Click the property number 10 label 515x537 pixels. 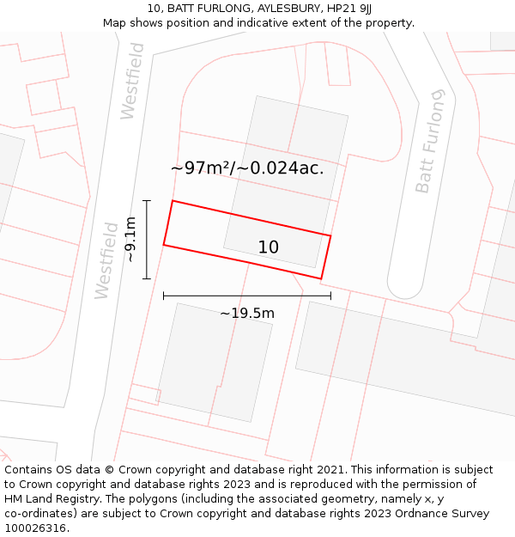(x=269, y=247)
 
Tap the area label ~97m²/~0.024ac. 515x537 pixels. (x=247, y=168)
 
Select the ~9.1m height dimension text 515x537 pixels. (x=130, y=240)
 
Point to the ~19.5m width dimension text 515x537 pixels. (x=247, y=314)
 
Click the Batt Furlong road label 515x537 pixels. (x=431, y=141)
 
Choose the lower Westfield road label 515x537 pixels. (x=106, y=260)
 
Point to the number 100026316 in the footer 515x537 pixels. (x=36, y=528)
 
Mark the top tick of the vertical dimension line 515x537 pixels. (x=147, y=201)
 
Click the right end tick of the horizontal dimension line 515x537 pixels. (x=330, y=296)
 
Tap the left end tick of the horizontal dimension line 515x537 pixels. (x=163, y=296)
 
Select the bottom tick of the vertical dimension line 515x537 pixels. (x=147, y=278)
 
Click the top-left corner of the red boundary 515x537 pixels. (x=173, y=201)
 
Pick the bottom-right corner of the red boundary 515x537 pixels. (x=321, y=278)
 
